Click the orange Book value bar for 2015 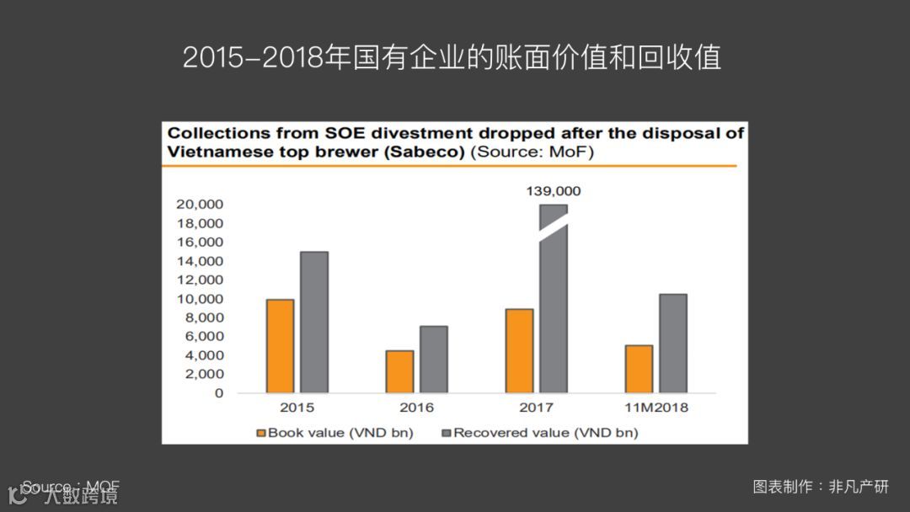pyautogui.click(x=280, y=346)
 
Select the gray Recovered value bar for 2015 pyautogui.click(x=314, y=323)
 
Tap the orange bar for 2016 pyautogui.click(x=399, y=371)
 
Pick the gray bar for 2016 pyautogui.click(x=434, y=360)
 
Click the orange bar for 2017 pyautogui.click(x=519, y=350)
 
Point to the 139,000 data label pyautogui.click(x=554, y=191)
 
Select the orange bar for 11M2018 pyautogui.click(x=639, y=369)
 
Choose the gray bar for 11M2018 pyautogui.click(x=673, y=344)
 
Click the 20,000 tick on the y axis pyautogui.click(x=199, y=205)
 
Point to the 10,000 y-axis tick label pyautogui.click(x=199, y=299)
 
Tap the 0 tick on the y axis pyautogui.click(x=218, y=393)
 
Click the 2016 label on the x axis pyautogui.click(x=417, y=408)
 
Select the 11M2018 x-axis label pyautogui.click(x=656, y=408)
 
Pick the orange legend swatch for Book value pyautogui.click(x=261, y=433)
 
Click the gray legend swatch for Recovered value pyautogui.click(x=447, y=433)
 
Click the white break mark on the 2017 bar pyautogui.click(x=554, y=230)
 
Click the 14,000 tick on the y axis pyautogui.click(x=199, y=261)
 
